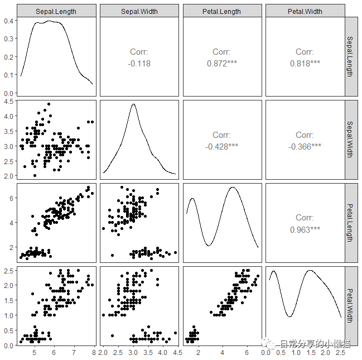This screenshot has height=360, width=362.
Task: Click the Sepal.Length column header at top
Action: (x=56, y=11)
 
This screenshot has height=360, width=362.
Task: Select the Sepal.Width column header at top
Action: (x=139, y=11)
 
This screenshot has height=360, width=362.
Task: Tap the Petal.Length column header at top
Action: (x=221, y=11)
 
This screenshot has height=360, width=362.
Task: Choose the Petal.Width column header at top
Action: (x=305, y=11)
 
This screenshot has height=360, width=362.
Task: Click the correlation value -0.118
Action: (x=139, y=63)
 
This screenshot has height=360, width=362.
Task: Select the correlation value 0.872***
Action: (x=221, y=63)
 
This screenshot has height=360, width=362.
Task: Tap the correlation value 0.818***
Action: (x=305, y=63)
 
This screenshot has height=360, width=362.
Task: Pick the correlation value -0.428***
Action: (x=221, y=146)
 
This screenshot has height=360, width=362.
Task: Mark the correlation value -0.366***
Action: (x=305, y=146)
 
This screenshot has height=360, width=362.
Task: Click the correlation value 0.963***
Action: (x=305, y=229)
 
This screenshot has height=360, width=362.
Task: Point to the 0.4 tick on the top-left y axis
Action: (x=9, y=21)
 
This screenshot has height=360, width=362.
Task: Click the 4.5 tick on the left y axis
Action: (x=9, y=102)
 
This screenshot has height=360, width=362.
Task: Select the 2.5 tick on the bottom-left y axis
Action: (x=9, y=271)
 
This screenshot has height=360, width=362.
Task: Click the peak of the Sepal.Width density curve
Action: (x=133, y=104)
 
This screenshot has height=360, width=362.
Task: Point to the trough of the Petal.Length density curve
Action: (x=208, y=246)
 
